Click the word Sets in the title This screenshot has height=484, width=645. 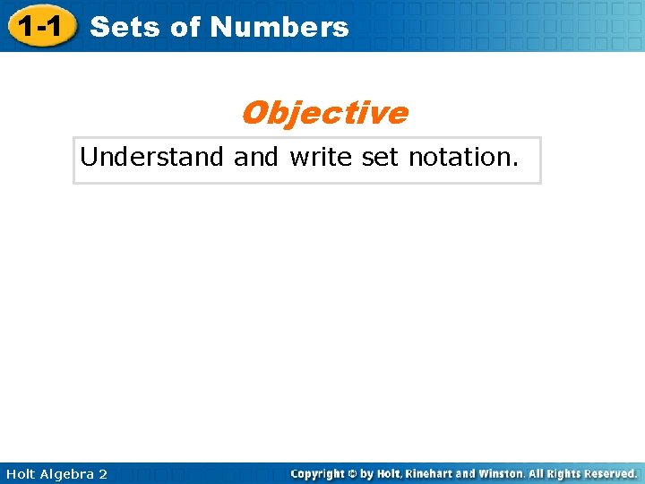(126, 27)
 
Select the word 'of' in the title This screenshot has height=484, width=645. (185, 27)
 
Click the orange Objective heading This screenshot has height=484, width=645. (323, 114)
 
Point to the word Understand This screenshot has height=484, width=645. (151, 158)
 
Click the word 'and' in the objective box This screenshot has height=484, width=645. (256, 158)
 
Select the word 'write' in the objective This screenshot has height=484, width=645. (322, 158)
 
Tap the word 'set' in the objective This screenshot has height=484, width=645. (381, 158)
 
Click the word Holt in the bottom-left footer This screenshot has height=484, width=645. (21, 473)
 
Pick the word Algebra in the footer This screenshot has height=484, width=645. (69, 473)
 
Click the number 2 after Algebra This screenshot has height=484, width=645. (103, 473)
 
